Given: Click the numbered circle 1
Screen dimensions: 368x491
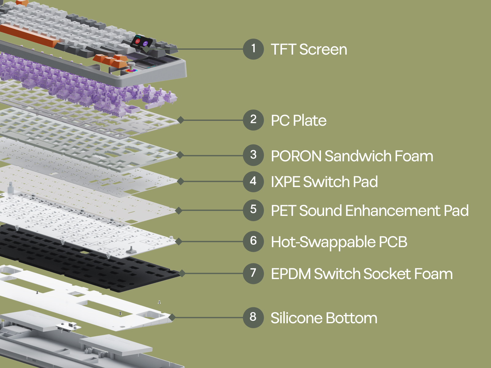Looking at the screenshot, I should (x=253, y=49).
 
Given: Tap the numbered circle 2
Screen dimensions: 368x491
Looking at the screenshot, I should (x=253, y=120).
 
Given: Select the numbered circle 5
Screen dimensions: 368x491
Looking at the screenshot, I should (x=253, y=210).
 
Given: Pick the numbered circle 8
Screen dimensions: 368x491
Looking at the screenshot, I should (x=253, y=317).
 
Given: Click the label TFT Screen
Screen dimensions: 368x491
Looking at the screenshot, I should (x=309, y=49).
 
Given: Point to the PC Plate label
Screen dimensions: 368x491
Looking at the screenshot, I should (x=299, y=120).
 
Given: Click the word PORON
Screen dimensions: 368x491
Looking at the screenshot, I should (x=296, y=156).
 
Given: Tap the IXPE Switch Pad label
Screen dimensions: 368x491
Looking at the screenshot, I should (x=324, y=182).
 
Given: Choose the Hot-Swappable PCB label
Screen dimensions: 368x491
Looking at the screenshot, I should (x=339, y=242).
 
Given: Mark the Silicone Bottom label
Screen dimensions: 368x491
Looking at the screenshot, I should (x=324, y=318).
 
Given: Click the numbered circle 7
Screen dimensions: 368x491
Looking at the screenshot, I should (x=253, y=273).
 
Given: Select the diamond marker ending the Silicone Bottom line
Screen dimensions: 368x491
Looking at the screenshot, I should (x=172, y=317).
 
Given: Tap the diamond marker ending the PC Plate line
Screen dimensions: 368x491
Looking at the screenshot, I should (x=181, y=120).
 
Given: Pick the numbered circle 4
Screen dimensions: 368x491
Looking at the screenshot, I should (x=253, y=182).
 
